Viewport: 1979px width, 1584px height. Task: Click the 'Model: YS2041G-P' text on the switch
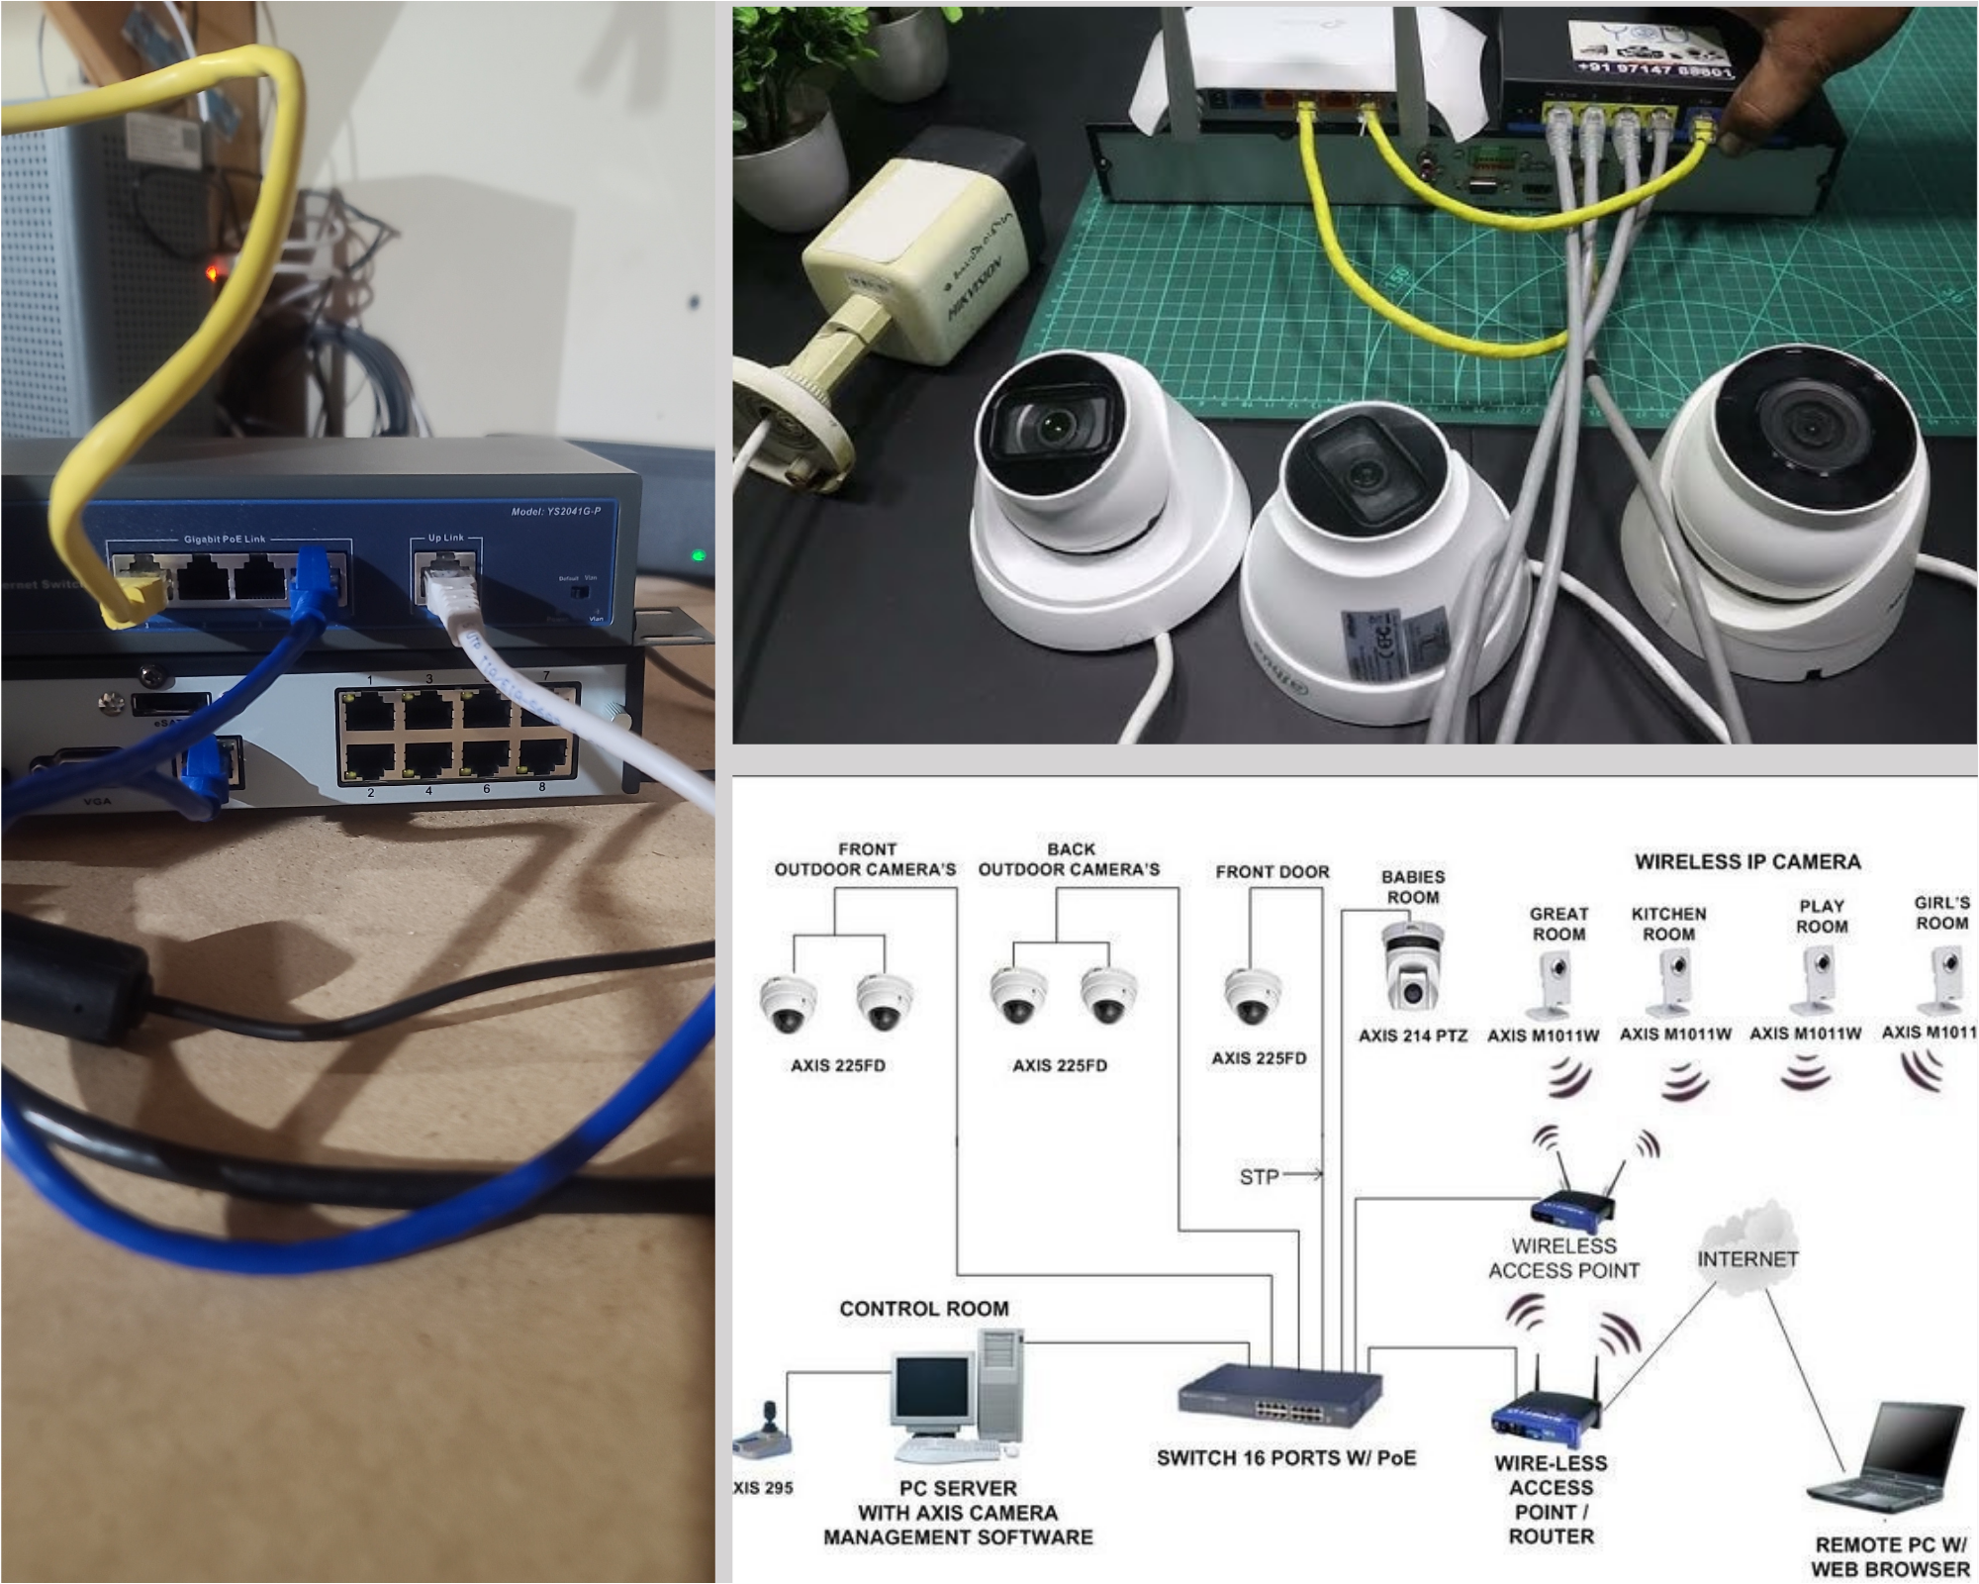tap(555, 511)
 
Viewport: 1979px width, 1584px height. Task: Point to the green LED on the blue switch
tap(699, 555)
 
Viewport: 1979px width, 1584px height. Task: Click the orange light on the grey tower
tap(213, 270)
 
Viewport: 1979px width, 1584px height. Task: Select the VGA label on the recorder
tap(97, 800)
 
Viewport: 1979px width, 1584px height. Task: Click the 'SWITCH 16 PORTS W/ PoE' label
tap(1285, 1458)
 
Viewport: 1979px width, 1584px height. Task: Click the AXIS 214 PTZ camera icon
tap(1412, 967)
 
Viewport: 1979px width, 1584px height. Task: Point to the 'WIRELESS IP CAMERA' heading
tap(1747, 861)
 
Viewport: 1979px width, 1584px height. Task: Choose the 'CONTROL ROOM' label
tap(924, 1309)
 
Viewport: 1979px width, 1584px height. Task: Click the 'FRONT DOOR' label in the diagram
tap(1272, 872)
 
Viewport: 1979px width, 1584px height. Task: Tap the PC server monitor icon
tap(932, 1391)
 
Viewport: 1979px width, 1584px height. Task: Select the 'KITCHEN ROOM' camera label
tap(1668, 924)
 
